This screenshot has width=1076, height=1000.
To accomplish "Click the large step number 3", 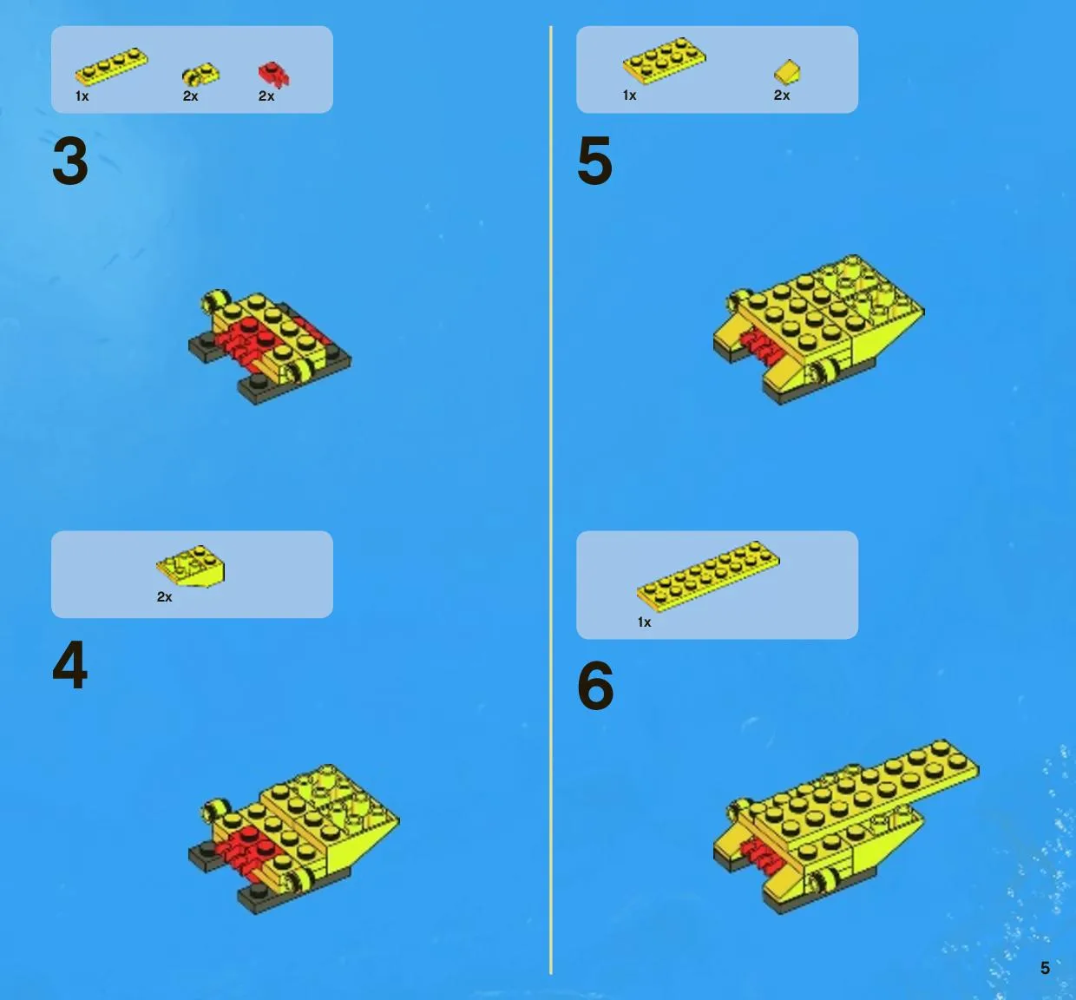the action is pyautogui.click(x=70, y=161).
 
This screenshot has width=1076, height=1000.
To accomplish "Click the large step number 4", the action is pyautogui.click(x=70, y=665).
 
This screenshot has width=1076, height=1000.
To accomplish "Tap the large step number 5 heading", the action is pyautogui.click(x=594, y=161).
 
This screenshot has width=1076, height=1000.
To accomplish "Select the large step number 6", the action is pyautogui.click(x=595, y=685).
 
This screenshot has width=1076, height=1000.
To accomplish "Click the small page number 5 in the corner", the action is pyautogui.click(x=1045, y=968).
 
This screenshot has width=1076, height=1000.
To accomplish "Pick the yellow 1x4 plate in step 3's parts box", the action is pyautogui.click(x=111, y=66).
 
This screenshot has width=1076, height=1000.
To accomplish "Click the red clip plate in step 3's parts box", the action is pyautogui.click(x=273, y=75).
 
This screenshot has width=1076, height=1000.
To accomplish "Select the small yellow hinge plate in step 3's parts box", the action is pyautogui.click(x=200, y=75).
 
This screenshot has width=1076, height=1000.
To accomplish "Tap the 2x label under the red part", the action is pyautogui.click(x=266, y=96).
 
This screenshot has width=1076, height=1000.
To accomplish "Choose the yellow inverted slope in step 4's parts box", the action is pyautogui.click(x=190, y=566).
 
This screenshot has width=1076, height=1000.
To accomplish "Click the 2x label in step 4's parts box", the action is pyautogui.click(x=164, y=596).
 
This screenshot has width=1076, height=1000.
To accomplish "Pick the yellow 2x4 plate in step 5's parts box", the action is pyautogui.click(x=664, y=61).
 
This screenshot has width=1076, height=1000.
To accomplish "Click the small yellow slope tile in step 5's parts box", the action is pyautogui.click(x=787, y=72).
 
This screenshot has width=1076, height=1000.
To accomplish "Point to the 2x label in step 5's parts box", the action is pyautogui.click(x=782, y=95).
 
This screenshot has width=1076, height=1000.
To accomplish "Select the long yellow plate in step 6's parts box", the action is pyautogui.click(x=708, y=572).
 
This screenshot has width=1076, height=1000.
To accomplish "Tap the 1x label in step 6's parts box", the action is pyautogui.click(x=644, y=622).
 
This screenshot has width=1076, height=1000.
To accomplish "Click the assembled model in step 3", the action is pyautogui.click(x=270, y=347).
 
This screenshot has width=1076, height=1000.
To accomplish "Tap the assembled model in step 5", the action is pyautogui.click(x=818, y=330).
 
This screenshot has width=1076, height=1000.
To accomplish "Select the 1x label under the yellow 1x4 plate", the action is pyautogui.click(x=82, y=96).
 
